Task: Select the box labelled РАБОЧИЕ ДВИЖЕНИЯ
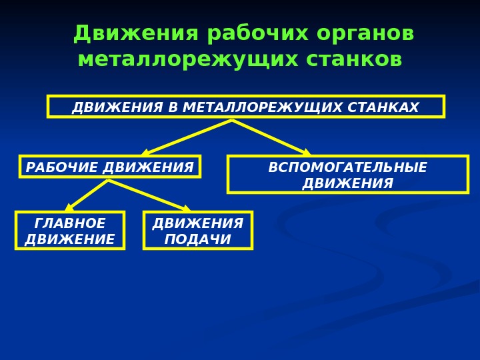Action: (110, 167)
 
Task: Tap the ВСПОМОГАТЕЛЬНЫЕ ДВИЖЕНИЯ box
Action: (347, 175)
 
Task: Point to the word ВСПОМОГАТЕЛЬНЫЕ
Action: (347, 167)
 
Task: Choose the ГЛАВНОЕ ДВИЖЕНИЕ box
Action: (70, 231)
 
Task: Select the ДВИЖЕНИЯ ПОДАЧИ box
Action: (198, 231)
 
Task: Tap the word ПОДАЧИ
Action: (198, 239)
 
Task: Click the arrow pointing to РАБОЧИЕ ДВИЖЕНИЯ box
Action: (187, 137)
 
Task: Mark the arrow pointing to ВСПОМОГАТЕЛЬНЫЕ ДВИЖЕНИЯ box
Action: (271, 137)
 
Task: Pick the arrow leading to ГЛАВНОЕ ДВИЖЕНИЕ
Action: (87, 195)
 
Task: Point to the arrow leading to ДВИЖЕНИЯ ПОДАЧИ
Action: (149, 195)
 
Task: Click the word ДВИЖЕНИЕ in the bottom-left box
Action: (70, 239)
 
